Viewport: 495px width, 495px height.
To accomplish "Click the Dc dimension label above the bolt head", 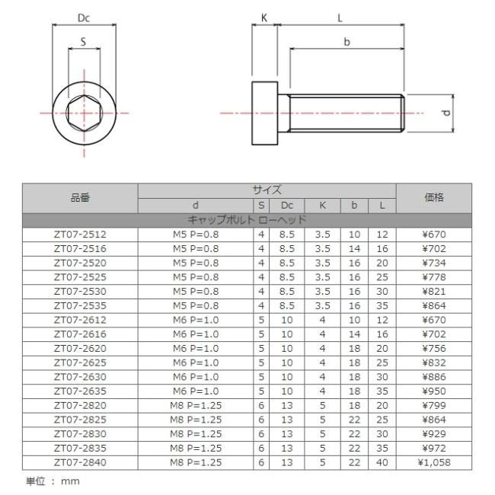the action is tap(84, 18).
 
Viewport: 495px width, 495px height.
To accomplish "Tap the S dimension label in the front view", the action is tap(83, 42).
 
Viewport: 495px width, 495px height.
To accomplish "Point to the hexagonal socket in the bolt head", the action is tap(84, 113).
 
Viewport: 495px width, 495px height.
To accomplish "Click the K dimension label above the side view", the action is tap(264, 18).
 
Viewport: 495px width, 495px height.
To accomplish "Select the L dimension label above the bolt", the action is tap(340, 18).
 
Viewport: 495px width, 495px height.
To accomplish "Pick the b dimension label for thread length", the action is tap(346, 42).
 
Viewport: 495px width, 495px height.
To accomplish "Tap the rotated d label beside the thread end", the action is tap(445, 113).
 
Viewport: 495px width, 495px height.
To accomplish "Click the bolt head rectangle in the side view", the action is tap(264, 113).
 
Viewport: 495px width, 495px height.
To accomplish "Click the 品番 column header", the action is tap(80, 198).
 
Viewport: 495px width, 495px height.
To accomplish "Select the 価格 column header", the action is tap(434, 198).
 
